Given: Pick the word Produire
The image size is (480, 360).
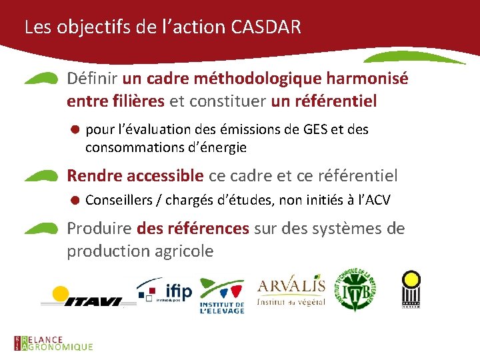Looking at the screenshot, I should point(99,229).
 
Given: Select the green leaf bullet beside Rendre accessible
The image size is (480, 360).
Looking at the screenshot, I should point(41,176).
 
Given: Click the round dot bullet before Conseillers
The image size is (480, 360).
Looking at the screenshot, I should point(76,199).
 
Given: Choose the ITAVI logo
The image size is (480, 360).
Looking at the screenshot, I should point(81,296).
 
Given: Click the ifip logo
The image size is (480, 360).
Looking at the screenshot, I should point(165,291).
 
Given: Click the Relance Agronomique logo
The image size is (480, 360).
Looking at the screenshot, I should point(53,343).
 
